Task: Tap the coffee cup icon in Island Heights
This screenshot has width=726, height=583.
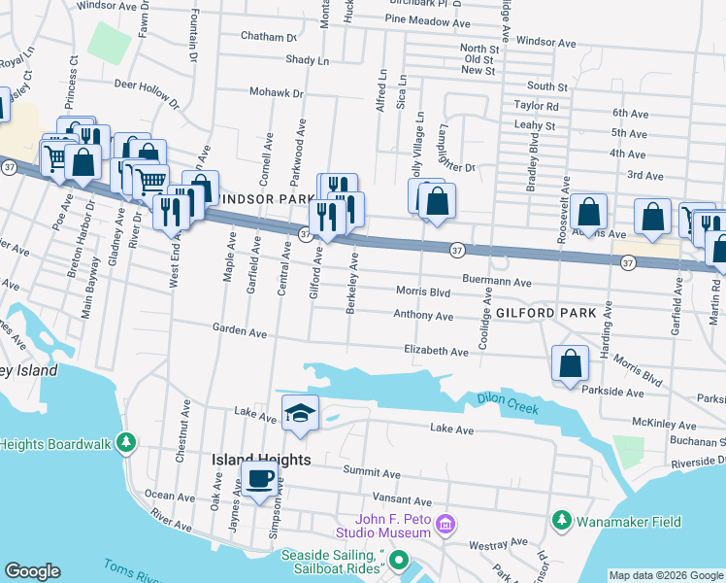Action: tap(260, 479)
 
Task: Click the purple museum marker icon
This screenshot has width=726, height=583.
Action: tap(445, 525)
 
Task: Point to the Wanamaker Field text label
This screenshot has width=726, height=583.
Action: tap(629, 522)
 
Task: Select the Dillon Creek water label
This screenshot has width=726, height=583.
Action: tap(508, 403)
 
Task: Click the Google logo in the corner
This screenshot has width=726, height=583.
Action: tap(32, 571)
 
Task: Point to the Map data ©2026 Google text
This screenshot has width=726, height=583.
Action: tap(666, 575)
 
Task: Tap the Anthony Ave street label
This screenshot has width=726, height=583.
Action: tap(423, 316)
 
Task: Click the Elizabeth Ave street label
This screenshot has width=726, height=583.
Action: tap(437, 350)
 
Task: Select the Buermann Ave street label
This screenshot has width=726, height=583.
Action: tap(497, 282)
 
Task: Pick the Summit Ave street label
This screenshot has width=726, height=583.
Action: tap(372, 473)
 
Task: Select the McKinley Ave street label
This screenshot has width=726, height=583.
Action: tap(664, 426)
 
